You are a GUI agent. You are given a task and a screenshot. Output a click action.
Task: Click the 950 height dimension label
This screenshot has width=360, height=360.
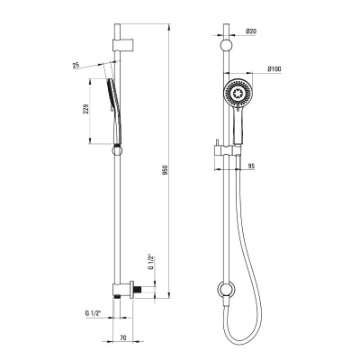(167, 170)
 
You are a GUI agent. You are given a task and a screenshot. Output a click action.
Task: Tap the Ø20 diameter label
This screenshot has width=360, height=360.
(251, 31)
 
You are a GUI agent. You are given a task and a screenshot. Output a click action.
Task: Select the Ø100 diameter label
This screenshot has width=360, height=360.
(274, 69)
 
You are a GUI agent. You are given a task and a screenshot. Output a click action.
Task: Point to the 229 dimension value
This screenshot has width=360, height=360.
(85, 110)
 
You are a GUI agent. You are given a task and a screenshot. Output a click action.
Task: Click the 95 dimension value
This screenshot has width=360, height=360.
(251, 166)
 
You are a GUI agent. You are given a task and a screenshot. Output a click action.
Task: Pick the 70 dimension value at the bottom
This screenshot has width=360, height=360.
(123, 337)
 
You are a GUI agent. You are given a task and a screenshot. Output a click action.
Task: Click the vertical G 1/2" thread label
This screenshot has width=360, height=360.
(151, 263)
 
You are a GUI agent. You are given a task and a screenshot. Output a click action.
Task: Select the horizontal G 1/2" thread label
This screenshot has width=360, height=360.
(94, 313)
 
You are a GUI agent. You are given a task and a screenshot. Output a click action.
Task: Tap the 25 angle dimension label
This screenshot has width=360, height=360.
(76, 65)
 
